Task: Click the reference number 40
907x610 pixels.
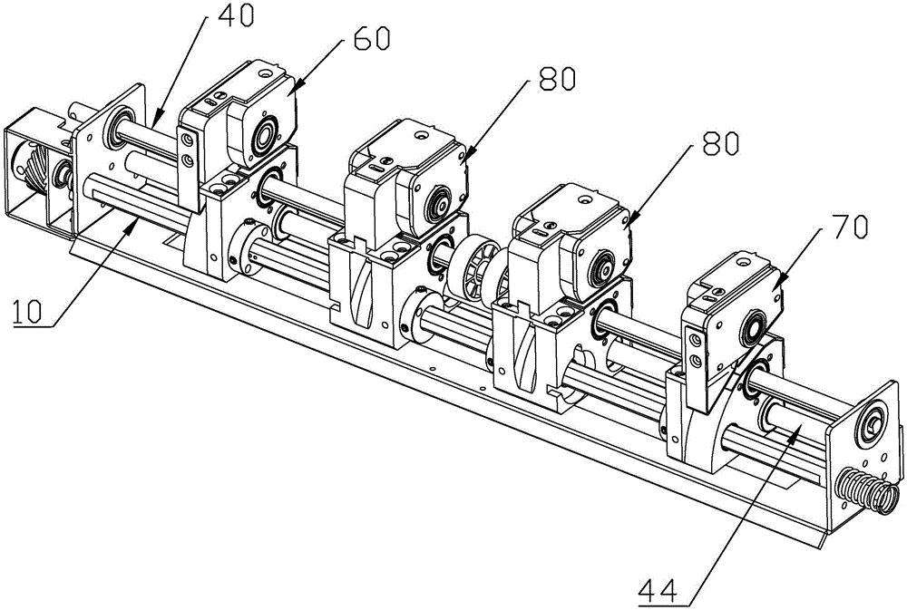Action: pos(237,15)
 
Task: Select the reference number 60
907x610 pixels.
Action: pos(372,38)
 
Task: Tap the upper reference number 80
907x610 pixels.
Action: pos(557,79)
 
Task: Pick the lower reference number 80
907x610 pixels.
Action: pos(720,142)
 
